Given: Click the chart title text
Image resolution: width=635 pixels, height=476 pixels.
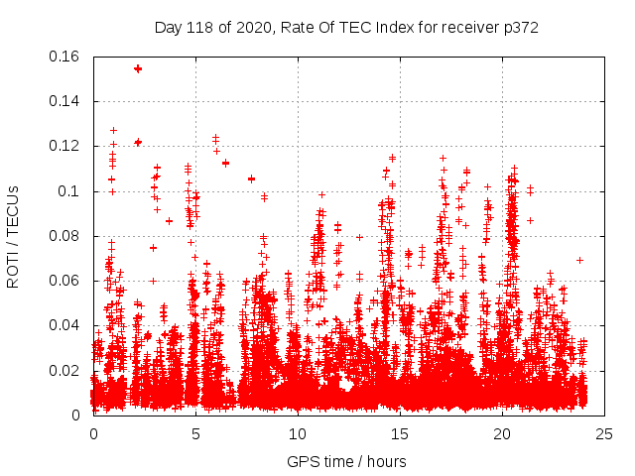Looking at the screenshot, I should tap(346, 28).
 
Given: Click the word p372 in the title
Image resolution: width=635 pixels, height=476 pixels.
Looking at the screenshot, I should tap(519, 28).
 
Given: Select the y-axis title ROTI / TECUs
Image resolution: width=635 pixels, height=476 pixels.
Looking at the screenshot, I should tap(14, 236).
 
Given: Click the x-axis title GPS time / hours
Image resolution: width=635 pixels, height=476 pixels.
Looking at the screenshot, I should tap(346, 461).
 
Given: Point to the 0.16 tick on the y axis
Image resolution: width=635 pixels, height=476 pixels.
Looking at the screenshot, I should tap(67, 57).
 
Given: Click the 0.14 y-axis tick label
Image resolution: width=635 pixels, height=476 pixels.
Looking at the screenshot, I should tap(67, 101).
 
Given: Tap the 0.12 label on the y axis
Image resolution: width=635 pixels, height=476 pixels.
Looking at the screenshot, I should tap(67, 146).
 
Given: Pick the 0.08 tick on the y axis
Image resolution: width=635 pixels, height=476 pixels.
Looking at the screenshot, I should tap(67, 236).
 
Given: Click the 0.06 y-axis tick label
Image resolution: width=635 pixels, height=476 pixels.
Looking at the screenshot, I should tap(67, 281).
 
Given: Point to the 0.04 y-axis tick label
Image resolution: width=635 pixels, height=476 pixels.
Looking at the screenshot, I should tap(67, 325).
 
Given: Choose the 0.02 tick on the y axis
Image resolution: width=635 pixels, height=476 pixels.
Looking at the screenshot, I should tap(67, 371).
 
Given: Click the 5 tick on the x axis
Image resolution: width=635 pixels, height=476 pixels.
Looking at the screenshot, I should tap(195, 433).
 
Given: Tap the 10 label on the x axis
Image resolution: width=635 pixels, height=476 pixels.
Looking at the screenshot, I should tap(298, 433).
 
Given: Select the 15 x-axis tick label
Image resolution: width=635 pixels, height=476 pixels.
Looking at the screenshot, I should tap(400, 433).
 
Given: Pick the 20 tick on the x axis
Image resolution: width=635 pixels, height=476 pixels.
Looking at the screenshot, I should tap(502, 433).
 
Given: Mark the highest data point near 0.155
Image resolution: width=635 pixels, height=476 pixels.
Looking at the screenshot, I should tap(138, 68).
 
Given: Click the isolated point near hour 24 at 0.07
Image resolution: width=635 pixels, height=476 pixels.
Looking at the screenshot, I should tap(579, 260).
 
